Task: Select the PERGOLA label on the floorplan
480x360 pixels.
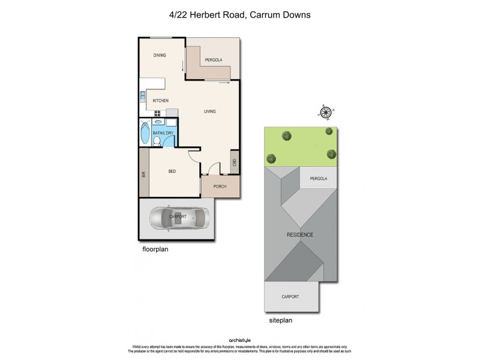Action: tap(214, 60)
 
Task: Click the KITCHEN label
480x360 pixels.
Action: tap(160, 100)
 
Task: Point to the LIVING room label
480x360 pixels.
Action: tap(209, 112)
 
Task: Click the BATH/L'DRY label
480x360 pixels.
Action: tap(163, 133)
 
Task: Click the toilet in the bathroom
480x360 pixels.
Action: tap(157, 142)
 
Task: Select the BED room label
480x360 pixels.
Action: tap(172, 172)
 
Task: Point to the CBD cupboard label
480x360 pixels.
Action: tap(233, 163)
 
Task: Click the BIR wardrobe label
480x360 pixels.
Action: tap(144, 175)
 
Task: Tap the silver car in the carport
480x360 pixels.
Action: tap(178, 218)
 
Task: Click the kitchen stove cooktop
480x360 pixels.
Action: tap(158, 113)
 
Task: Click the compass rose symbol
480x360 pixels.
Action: tap(325, 112)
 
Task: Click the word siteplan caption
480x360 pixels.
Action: tap(280, 320)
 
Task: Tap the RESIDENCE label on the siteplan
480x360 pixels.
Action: tap(300, 234)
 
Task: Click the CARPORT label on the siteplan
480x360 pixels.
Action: tap(290, 296)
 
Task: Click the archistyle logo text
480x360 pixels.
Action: tap(240, 339)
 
